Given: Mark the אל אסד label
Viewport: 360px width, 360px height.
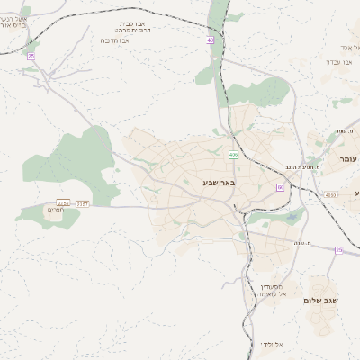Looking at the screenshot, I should (350, 47).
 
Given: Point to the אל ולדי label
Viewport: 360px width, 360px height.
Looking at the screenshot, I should (271, 344).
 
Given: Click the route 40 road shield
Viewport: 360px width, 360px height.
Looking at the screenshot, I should (210, 40).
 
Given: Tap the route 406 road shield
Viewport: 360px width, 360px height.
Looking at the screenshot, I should (233, 155).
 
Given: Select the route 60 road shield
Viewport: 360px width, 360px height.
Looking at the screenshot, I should (281, 187).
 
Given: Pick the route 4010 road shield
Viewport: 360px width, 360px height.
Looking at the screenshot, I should (330, 194).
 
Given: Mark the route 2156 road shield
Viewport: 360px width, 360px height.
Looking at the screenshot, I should (62, 203).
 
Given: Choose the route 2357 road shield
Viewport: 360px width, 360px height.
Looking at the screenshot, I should (82, 203).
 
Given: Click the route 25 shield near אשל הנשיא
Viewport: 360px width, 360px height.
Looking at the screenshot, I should (31, 56).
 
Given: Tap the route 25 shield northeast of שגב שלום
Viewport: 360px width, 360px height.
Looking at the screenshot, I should (338, 249).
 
